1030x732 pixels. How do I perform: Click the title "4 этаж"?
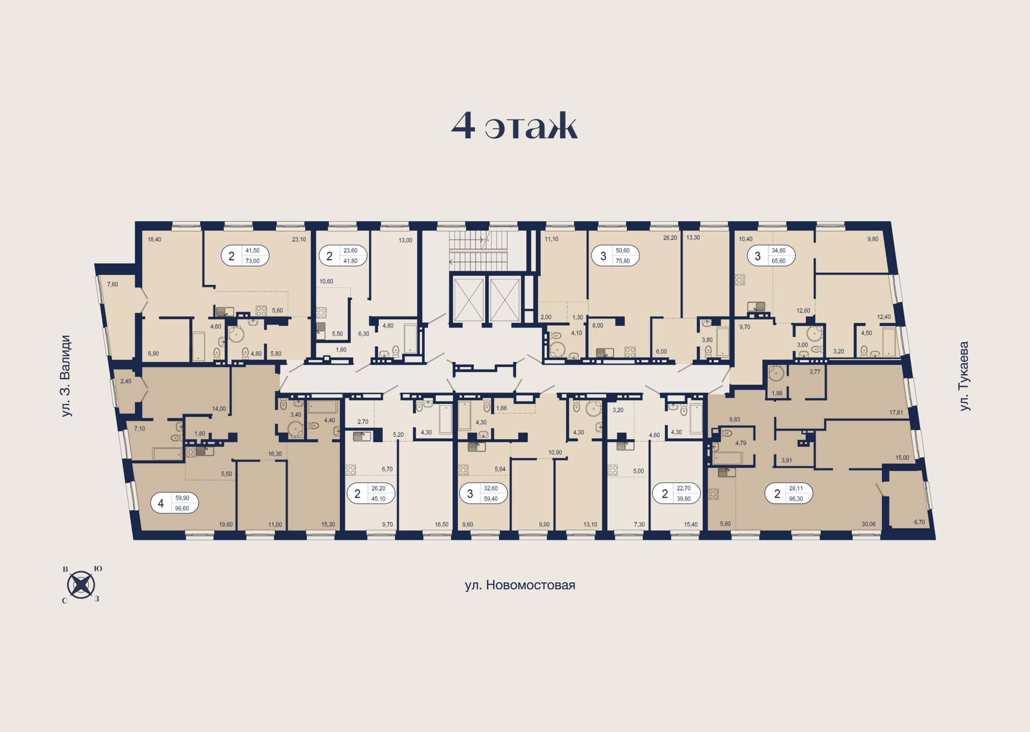(x=514, y=126)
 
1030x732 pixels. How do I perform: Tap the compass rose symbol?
(x=81, y=585)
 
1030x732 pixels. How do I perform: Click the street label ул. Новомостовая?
(x=519, y=585)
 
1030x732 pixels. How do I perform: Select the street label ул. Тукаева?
(x=964, y=376)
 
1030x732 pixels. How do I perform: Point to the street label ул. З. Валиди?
(x=65, y=375)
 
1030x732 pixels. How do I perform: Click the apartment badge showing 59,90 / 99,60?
(x=174, y=503)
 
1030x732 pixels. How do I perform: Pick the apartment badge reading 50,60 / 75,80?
(x=615, y=256)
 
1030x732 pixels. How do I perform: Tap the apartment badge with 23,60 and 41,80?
(x=343, y=256)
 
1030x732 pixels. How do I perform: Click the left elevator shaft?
(x=469, y=300)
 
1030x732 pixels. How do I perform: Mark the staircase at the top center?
(x=478, y=251)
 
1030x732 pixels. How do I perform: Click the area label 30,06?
(x=868, y=524)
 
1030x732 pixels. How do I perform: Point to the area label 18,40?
(x=154, y=239)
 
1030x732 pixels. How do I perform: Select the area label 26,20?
(x=669, y=238)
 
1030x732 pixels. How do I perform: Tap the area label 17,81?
(x=896, y=412)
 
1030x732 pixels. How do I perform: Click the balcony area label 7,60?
(x=112, y=284)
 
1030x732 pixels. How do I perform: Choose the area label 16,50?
(x=442, y=524)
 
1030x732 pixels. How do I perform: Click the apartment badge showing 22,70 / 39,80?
(x=676, y=493)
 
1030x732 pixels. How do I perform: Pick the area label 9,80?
(x=873, y=239)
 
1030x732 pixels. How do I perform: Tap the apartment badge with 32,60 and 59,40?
(x=483, y=493)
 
